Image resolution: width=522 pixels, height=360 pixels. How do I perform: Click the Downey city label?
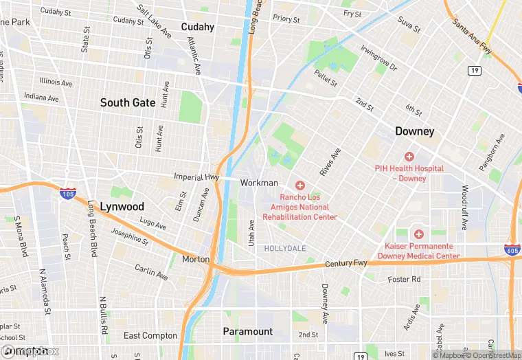point(415,131)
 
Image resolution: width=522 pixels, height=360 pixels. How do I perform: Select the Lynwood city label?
point(122,206)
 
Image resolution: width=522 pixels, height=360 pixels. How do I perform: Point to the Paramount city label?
point(247,331)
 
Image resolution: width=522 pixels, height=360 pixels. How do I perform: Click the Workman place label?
point(259,183)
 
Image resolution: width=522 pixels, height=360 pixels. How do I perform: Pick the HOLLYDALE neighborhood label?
point(285,247)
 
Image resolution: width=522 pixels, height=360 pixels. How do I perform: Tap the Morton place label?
point(196,259)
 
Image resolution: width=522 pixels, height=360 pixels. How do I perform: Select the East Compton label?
point(150,336)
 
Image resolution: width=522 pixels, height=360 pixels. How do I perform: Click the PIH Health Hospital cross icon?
point(409,157)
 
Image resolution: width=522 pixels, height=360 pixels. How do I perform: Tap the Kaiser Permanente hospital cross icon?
point(418,234)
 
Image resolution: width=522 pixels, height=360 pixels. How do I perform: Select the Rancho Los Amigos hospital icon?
point(299,185)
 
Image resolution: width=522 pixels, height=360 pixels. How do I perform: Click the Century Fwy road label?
point(345,263)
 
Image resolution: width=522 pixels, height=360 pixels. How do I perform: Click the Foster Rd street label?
point(404,280)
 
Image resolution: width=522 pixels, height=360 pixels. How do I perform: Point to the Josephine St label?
point(130,236)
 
